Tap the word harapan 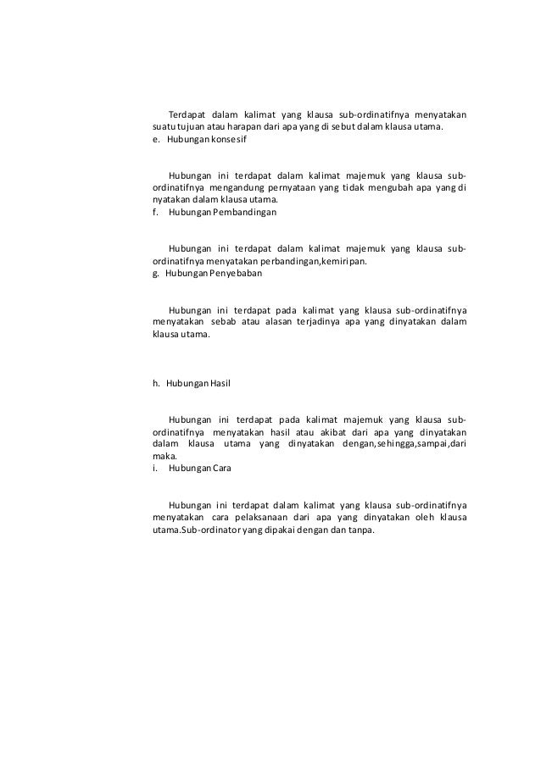tap(242, 127)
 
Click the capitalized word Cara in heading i tap(222, 468)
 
